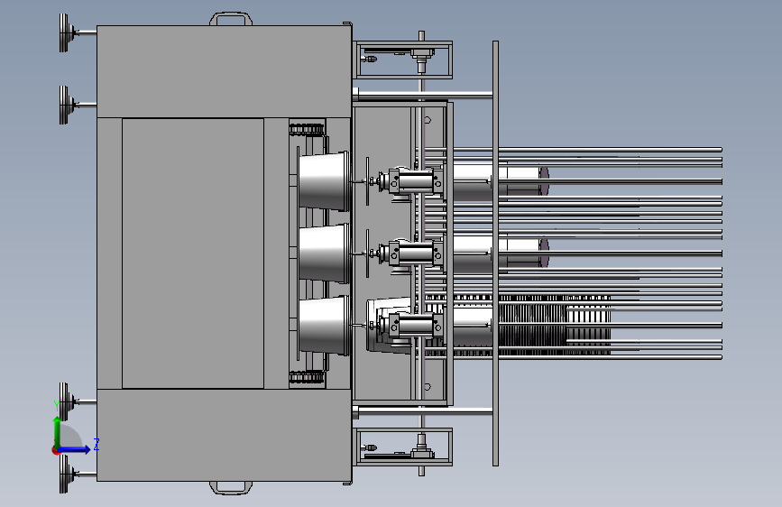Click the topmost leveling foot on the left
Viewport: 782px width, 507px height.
click(65, 33)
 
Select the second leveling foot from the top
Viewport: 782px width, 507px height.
click(65, 105)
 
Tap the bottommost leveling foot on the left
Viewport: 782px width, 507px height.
click(65, 474)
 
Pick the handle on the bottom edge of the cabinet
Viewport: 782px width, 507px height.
click(230, 489)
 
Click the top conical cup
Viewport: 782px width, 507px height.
click(323, 180)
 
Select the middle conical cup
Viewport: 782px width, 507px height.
click(323, 253)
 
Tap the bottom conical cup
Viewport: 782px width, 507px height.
click(323, 326)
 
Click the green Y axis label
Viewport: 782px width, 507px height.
click(56, 406)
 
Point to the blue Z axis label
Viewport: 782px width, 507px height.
click(97, 445)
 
